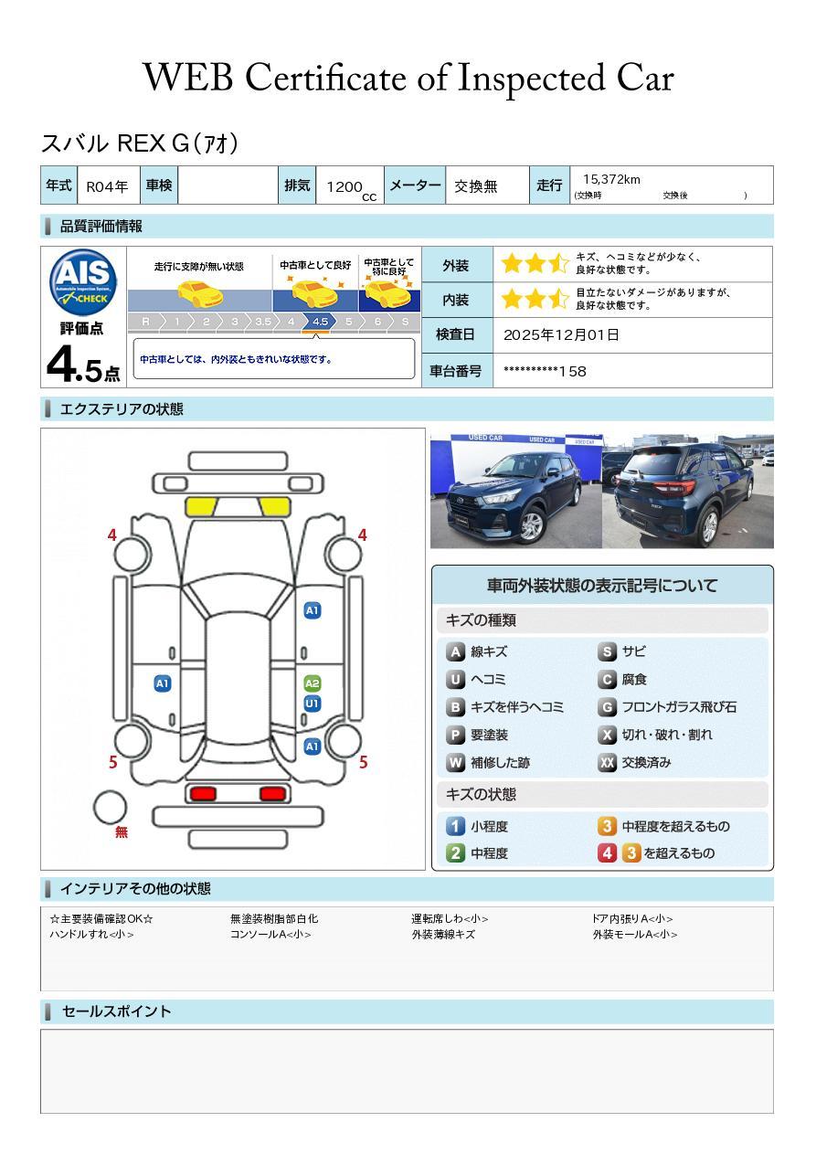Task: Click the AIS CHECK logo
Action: (83, 281)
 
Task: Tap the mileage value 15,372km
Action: (611, 180)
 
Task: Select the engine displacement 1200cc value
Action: (350, 187)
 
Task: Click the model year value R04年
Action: (107, 186)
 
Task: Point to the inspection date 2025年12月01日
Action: (561, 335)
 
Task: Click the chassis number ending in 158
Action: (545, 371)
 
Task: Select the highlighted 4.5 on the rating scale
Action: (320, 322)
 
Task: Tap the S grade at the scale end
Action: (405, 322)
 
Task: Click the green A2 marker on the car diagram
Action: (313, 683)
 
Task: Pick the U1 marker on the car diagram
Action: (313, 704)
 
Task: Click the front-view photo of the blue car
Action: (515, 491)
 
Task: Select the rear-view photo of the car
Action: (688, 491)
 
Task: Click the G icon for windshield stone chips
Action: (607, 707)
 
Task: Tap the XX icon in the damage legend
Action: (607, 762)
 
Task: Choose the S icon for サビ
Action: (607, 652)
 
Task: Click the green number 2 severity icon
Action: (455, 853)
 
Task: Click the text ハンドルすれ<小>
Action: (91, 935)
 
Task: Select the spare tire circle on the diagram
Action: (111, 807)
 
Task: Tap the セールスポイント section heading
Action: (116, 1011)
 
